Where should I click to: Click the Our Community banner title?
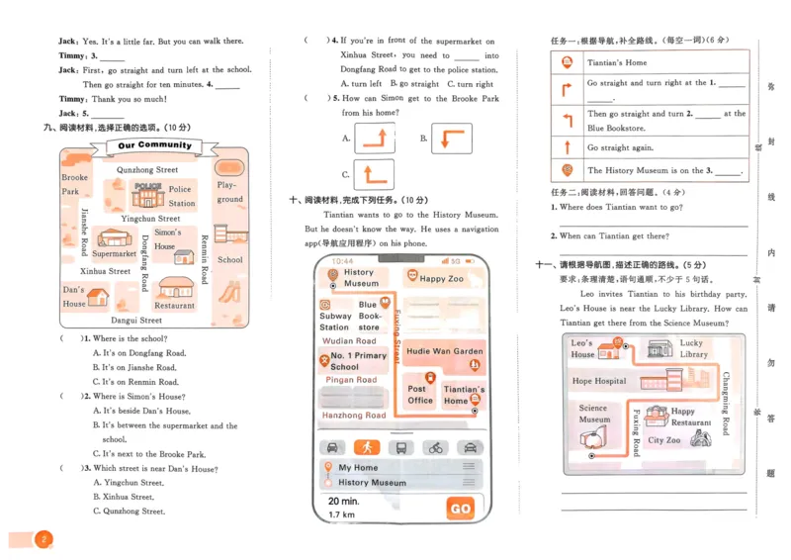[x=154, y=145]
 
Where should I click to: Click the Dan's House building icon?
[x=100, y=296]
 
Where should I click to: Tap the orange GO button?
[x=460, y=508]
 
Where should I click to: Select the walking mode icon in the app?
[x=367, y=447]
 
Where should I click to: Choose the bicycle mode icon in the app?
[x=435, y=447]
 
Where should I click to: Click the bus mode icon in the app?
[x=401, y=447]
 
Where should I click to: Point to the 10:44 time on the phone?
[x=342, y=261]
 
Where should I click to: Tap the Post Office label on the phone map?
[x=420, y=394]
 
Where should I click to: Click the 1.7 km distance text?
[x=341, y=514]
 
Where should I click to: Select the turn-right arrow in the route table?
[x=567, y=90]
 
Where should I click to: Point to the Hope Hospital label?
[x=598, y=381]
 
